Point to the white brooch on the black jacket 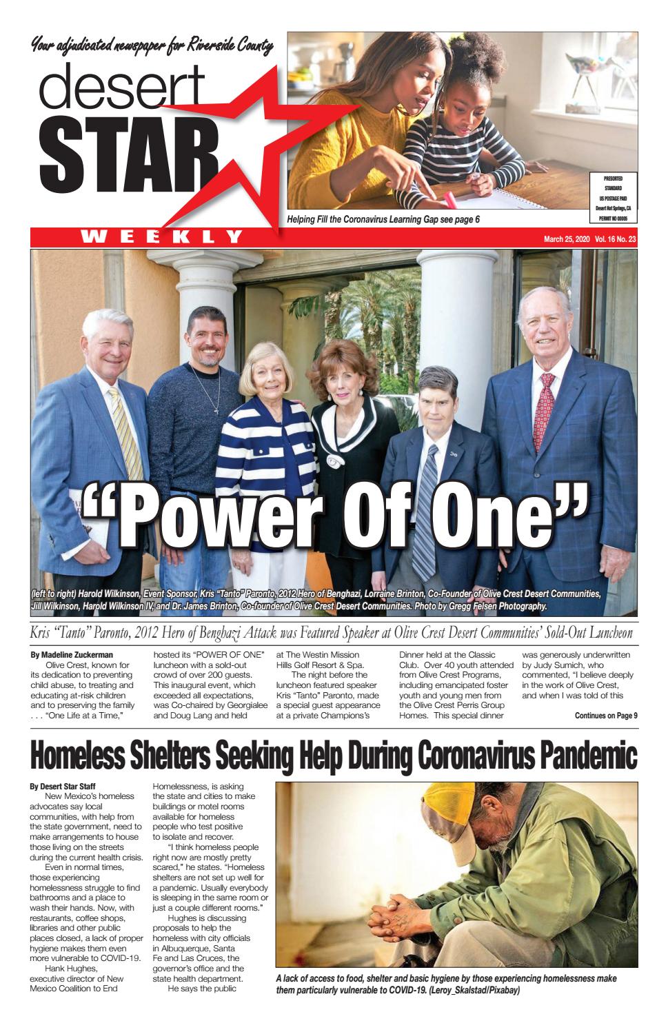click(x=336, y=461)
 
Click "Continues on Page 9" click(x=605, y=715)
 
